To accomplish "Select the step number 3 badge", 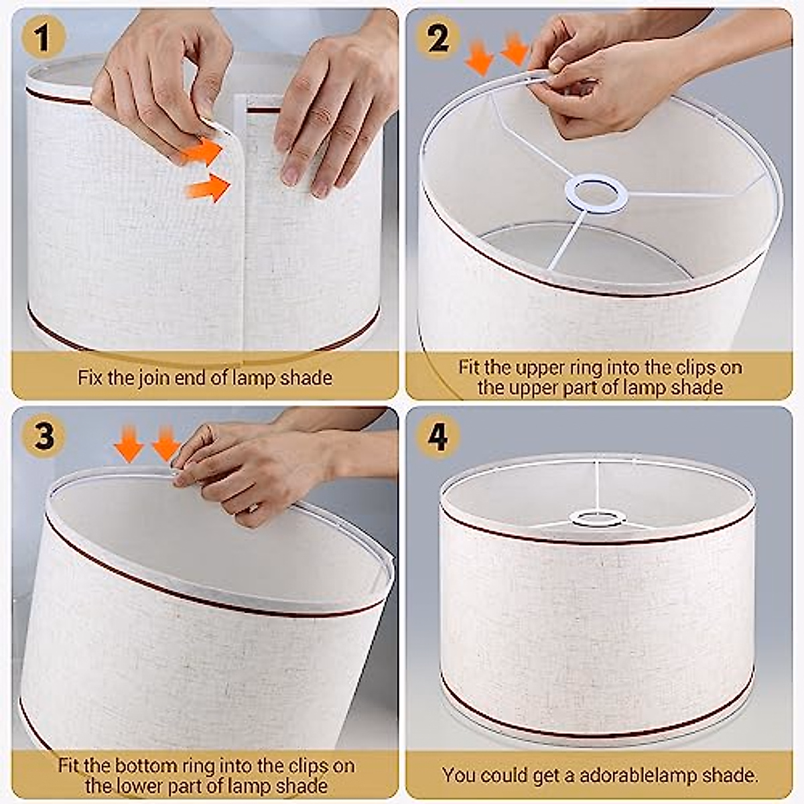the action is [44, 436].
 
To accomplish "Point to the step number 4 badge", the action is [438, 436].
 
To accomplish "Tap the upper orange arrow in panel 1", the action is [202, 151].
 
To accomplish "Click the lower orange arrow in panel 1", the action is [207, 188].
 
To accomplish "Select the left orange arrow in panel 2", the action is [479, 57].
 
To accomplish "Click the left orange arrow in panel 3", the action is [129, 444].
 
